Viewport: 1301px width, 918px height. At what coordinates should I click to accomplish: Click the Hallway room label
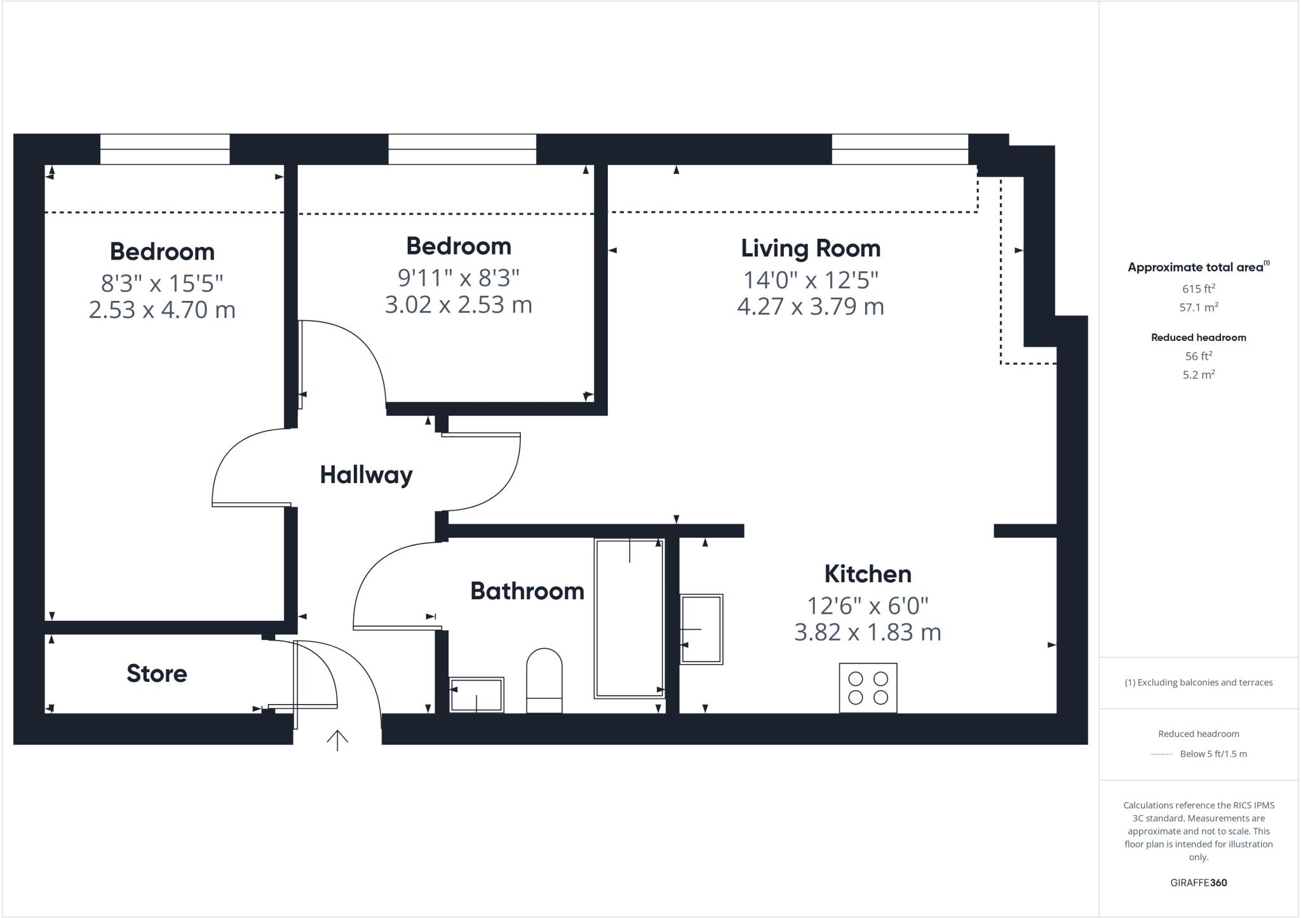coord(366,475)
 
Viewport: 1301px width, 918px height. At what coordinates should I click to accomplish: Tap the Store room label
coord(156,674)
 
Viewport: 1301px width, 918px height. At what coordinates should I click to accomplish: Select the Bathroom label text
coord(527,591)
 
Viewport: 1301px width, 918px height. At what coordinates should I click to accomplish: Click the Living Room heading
coord(811,248)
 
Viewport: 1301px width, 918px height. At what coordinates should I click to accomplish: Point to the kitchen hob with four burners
coord(868,688)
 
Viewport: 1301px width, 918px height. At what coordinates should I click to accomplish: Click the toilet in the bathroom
coord(544,681)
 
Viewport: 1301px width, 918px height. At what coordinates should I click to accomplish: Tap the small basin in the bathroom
coord(476,695)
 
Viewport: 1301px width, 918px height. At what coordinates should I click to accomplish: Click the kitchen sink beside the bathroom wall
coord(701,629)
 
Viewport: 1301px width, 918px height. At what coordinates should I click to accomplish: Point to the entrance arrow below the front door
coord(337,740)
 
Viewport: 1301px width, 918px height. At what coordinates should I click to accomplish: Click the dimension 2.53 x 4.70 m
coord(162,310)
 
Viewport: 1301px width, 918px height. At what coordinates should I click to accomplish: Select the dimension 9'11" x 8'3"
coord(459,277)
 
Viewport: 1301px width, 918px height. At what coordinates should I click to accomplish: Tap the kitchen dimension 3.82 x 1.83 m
coord(867,632)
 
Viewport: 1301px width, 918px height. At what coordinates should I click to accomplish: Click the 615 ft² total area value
coord(1198,289)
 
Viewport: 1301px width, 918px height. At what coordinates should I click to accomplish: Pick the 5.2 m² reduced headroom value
coord(1198,375)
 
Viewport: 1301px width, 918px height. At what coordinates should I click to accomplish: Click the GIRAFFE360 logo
coord(1198,882)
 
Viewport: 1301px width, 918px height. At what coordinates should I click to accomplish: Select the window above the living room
coord(900,149)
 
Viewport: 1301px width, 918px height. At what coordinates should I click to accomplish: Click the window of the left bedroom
coord(165,149)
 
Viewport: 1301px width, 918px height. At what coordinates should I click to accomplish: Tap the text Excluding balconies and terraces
coord(1198,682)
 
